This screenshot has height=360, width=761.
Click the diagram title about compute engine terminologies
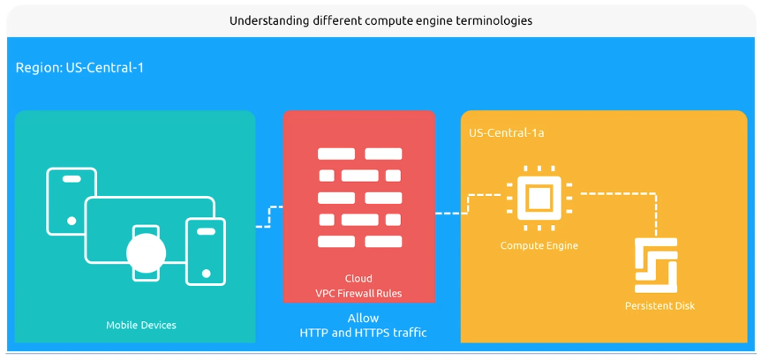(380, 20)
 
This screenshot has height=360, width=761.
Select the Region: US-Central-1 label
(79, 67)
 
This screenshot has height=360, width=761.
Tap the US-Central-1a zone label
(507, 132)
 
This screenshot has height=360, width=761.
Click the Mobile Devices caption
(141, 325)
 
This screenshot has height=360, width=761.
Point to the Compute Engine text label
(539, 245)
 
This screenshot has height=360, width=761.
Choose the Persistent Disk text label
(659, 305)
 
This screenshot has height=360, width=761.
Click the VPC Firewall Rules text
(358, 293)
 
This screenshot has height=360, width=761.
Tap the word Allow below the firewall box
(363, 318)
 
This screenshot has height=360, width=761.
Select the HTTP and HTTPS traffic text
(363, 333)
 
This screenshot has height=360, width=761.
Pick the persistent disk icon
(656, 265)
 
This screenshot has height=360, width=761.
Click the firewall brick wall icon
(358, 198)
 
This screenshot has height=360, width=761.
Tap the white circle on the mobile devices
(146, 254)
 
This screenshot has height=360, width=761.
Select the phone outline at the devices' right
(206, 251)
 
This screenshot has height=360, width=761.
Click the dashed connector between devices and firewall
(269, 217)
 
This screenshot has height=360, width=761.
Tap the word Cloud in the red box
(358, 278)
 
